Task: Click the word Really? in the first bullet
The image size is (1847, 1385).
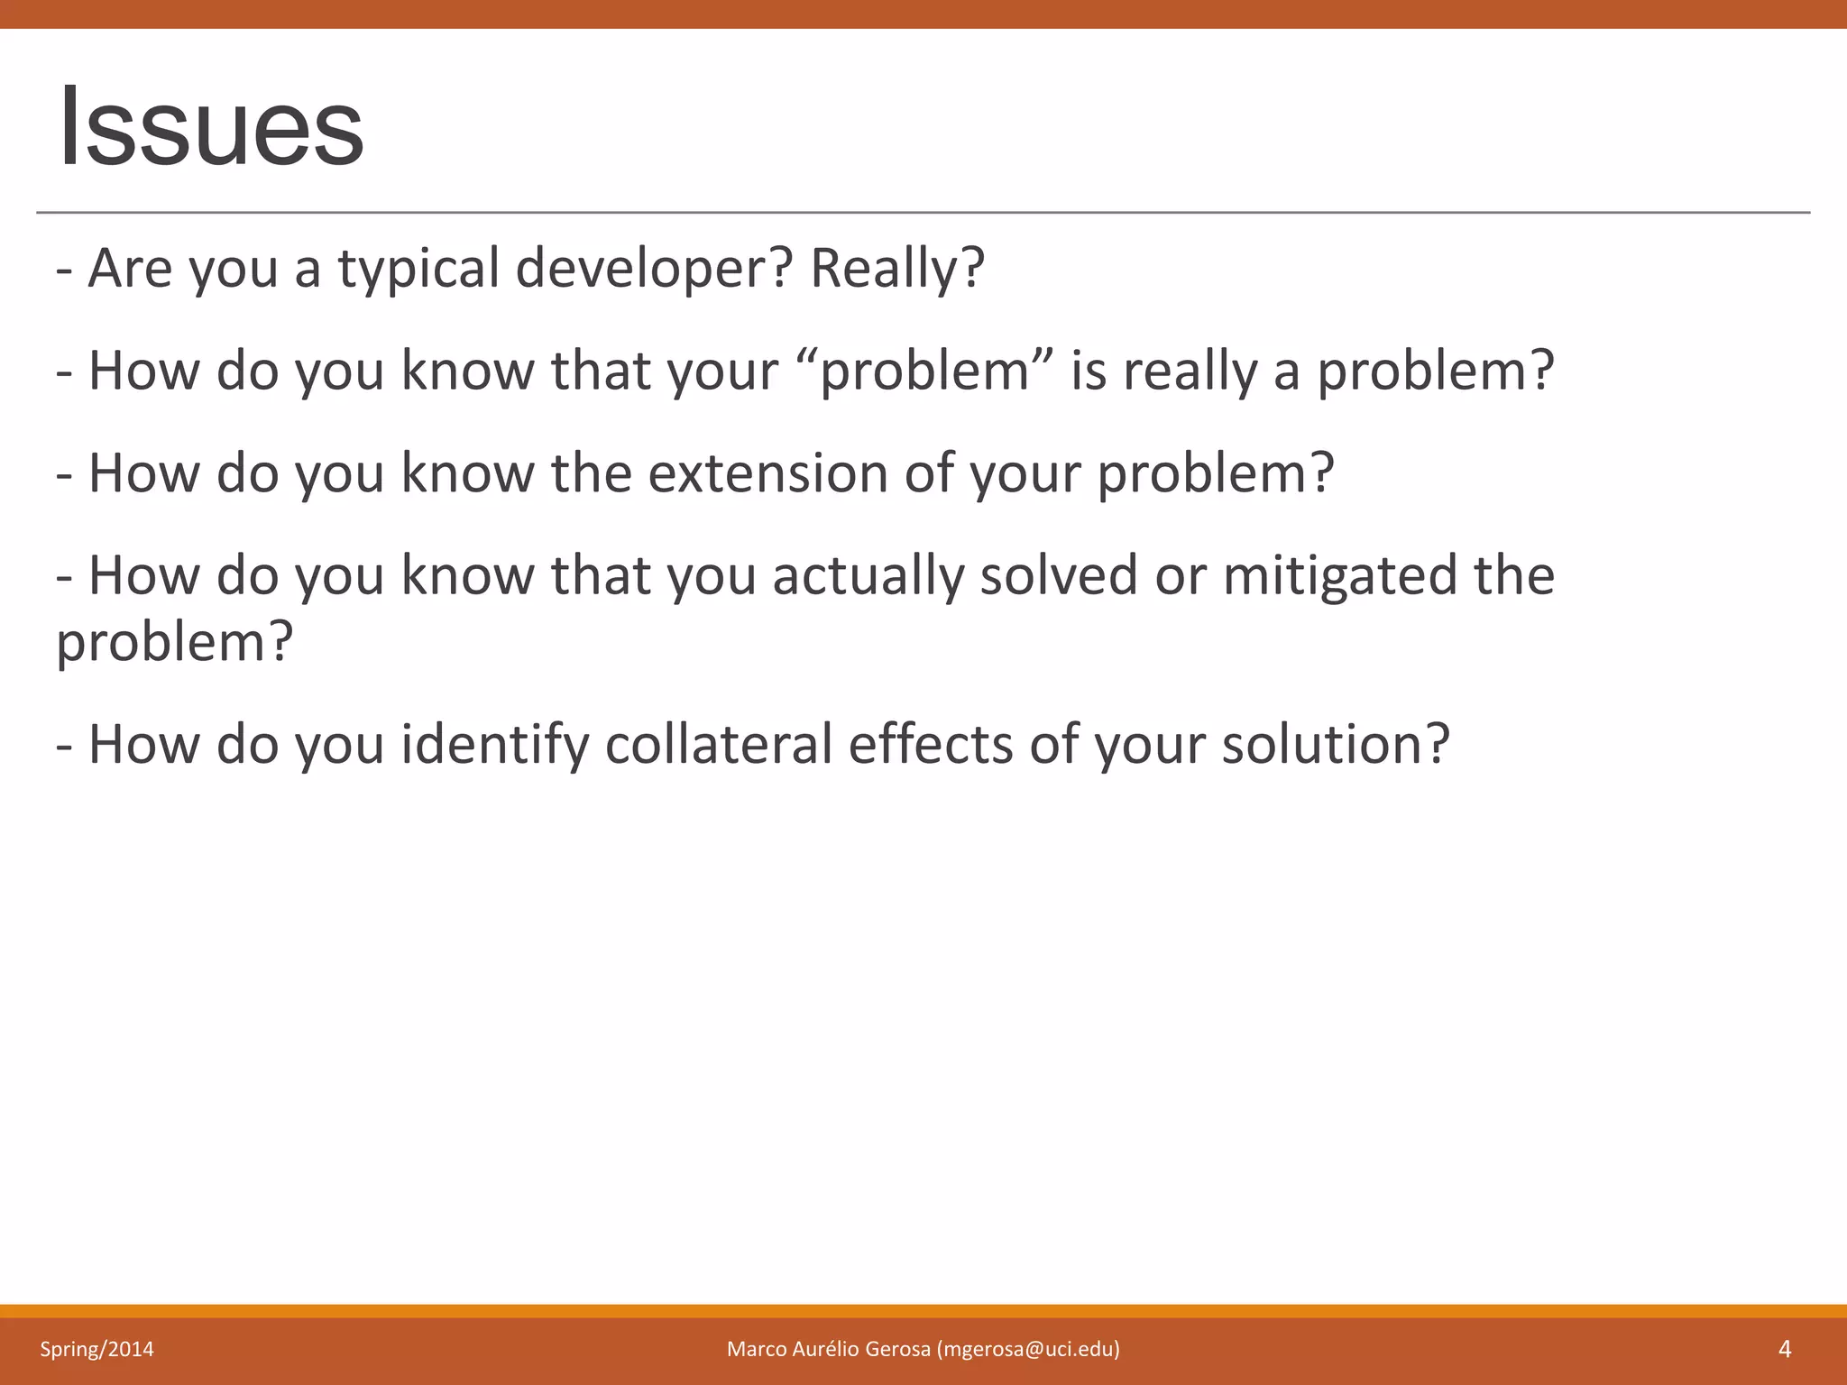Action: click(896, 269)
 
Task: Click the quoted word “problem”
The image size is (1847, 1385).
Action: click(925, 371)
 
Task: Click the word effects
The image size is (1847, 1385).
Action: click(931, 745)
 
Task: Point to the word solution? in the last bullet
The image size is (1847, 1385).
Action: click(1335, 745)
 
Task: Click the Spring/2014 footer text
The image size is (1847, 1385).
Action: click(96, 1349)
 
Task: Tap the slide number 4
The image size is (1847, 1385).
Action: click(1784, 1349)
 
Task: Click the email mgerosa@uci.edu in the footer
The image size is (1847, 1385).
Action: click(1028, 1349)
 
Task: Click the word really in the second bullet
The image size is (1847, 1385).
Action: click(1190, 371)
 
